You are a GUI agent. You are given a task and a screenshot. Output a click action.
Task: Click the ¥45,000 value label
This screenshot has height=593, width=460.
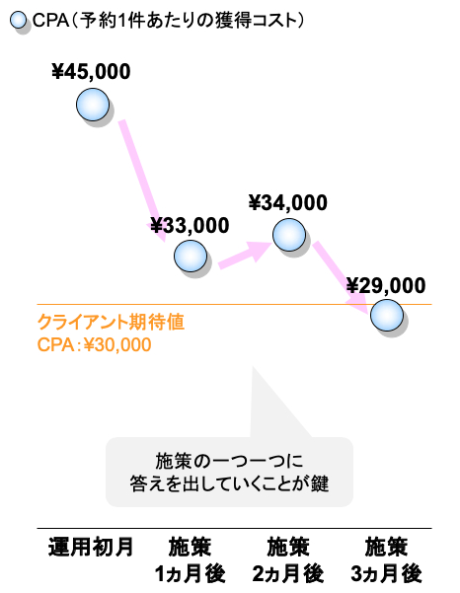[91, 71]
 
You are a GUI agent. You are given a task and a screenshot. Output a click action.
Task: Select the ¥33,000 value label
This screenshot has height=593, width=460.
[190, 225]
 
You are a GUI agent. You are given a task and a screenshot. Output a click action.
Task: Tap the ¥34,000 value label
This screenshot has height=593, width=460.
[288, 202]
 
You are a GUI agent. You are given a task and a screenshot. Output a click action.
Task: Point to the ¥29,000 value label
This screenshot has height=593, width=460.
[386, 285]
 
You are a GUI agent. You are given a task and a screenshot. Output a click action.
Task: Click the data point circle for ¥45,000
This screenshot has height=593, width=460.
[93, 105]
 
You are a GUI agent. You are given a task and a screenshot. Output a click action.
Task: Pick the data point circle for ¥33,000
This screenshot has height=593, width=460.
[191, 256]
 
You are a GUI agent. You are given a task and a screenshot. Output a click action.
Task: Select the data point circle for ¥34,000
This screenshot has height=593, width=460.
[289, 235]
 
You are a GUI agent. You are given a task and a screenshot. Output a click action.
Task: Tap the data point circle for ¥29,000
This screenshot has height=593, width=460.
[387, 315]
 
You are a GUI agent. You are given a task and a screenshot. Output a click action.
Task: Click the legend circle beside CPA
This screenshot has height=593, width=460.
[18, 20]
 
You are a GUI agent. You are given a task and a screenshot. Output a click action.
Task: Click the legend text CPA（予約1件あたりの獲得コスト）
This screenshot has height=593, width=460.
[168, 21]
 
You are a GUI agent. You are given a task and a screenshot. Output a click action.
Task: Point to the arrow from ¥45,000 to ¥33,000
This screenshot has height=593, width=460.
[143, 181]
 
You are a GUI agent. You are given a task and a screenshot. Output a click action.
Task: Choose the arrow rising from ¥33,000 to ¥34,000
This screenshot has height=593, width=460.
[245, 255]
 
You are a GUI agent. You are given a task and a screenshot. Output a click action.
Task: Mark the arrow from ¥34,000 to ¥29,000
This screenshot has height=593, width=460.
[341, 278]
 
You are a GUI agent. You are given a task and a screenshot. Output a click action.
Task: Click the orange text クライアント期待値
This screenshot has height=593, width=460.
[111, 323]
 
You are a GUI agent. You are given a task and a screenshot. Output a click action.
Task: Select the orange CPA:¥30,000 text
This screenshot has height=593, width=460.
[94, 344]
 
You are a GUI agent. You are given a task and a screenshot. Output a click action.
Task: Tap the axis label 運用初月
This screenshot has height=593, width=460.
[91, 547]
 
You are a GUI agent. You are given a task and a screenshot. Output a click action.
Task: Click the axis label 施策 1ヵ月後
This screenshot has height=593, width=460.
[191, 560]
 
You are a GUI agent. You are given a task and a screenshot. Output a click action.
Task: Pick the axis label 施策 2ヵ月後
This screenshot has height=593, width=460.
[288, 560]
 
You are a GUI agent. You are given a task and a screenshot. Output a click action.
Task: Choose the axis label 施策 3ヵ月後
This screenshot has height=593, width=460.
[386, 560]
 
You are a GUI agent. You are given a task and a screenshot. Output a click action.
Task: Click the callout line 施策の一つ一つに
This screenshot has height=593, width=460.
[229, 461]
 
